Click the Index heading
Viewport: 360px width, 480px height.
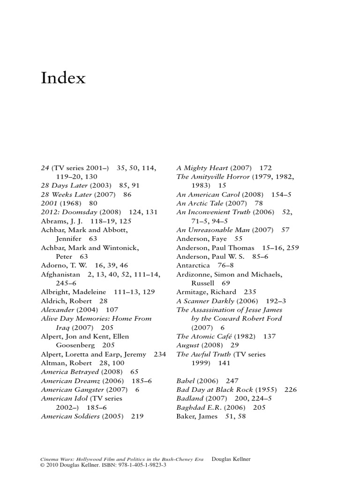[63, 78]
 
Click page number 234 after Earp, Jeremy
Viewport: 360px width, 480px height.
[160, 354]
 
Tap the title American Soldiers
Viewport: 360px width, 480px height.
[70, 416]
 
